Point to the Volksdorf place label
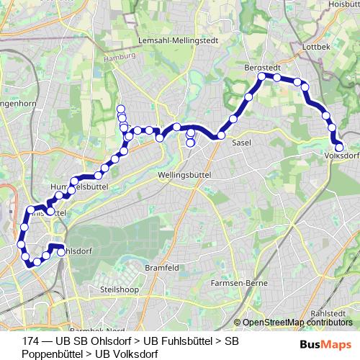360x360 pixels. pyautogui.click(x=343, y=154)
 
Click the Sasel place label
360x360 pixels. pyautogui.click(x=241, y=143)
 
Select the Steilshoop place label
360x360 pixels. pyautogui.click(x=119, y=289)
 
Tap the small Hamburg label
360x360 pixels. pyautogui.click(x=123, y=55)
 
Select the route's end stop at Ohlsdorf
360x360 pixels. pyautogui.click(x=62, y=252)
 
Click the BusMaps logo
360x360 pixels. pyautogui.click(x=325, y=343)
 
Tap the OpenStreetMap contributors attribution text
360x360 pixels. pyautogui.click(x=296, y=323)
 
